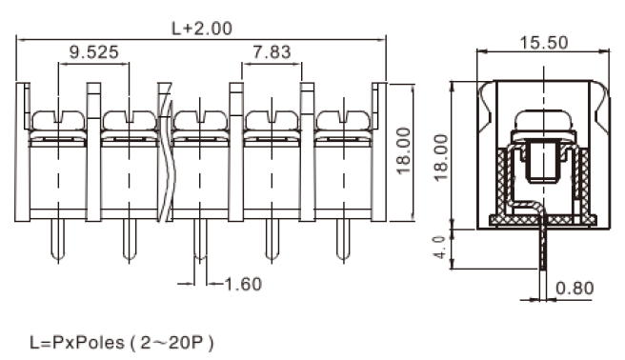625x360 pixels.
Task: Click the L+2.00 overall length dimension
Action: click(202, 29)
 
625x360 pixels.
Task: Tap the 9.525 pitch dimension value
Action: click(94, 52)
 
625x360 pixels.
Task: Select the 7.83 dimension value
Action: click(272, 52)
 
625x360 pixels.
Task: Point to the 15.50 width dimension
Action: click(544, 43)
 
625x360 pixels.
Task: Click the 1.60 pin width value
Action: click(243, 284)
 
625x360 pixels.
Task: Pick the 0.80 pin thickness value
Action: click(575, 288)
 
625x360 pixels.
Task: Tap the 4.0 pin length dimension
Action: click(439, 248)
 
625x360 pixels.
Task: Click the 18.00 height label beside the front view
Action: click(404, 150)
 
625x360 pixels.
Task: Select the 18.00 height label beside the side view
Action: click(441, 158)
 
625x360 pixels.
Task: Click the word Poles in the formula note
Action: click(100, 343)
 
